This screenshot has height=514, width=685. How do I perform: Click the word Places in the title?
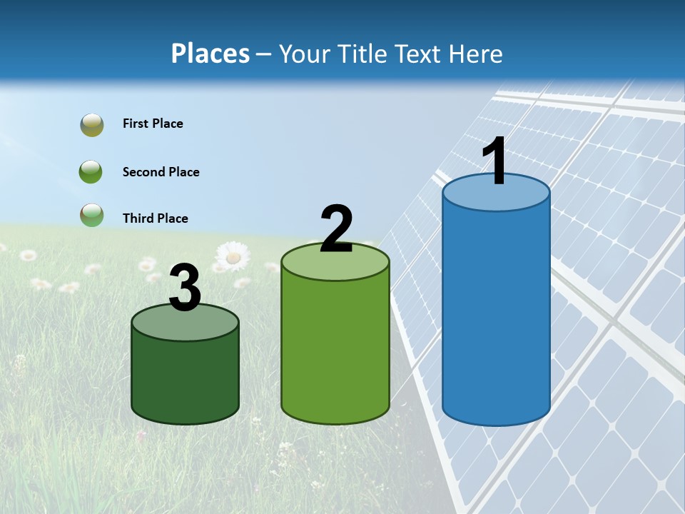click(210, 54)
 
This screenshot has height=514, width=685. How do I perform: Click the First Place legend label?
click(153, 124)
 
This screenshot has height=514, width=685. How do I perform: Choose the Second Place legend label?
click(161, 172)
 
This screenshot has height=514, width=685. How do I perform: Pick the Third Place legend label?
click(155, 218)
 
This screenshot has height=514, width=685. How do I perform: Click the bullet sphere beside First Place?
click(91, 125)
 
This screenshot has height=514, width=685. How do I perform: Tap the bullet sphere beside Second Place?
click(91, 172)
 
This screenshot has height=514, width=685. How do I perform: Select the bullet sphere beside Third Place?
click(91, 215)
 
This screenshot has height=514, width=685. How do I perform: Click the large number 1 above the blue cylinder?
click(494, 161)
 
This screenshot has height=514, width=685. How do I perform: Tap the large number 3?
click(185, 288)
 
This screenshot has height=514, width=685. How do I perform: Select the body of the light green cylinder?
click(335, 343)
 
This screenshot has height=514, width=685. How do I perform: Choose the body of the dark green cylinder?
click(185, 371)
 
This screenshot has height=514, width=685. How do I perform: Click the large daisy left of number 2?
click(233, 256)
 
